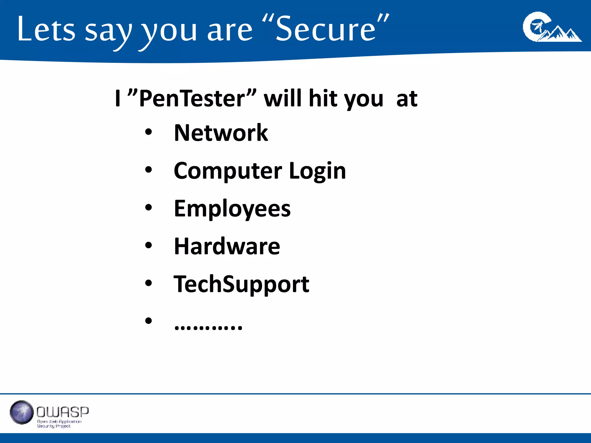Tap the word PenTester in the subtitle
tap(192, 99)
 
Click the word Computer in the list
tap(228, 171)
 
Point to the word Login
tap(317, 171)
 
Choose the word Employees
tap(232, 209)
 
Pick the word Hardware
tap(227, 246)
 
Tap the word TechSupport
tap(241, 284)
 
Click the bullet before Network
tap(148, 132)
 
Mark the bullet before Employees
tap(148, 208)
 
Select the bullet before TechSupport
tap(148, 283)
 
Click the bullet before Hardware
tap(148, 245)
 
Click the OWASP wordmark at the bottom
tap(63, 412)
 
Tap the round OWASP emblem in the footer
tap(22, 412)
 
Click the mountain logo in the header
tap(552, 27)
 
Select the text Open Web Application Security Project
tap(59, 424)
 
